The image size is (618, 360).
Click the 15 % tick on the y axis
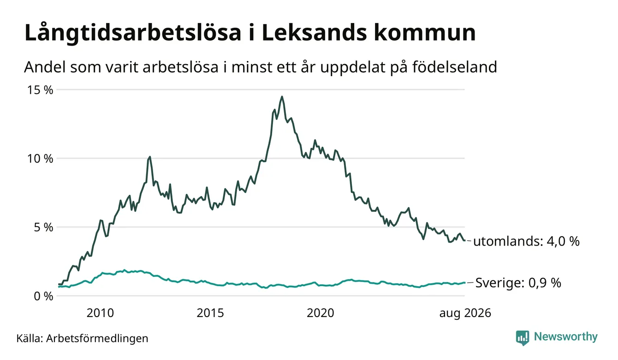[40, 90]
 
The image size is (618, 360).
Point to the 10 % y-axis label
[40, 159]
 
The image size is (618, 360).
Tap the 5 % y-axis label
[44, 228]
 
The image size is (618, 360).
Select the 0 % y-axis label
[44, 296]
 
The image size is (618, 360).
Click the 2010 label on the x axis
[100, 313]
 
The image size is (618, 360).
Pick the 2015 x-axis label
[210, 313]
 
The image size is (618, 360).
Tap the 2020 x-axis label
[321, 313]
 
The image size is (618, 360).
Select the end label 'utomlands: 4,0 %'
[526, 241]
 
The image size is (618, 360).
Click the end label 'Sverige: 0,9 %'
[518, 283]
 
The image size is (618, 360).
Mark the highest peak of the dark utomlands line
[282, 96]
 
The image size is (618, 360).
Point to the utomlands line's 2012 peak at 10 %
[150, 157]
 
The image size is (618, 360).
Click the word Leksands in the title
[315, 33]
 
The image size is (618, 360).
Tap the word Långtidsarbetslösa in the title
[133, 33]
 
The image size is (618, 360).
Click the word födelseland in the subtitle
[455, 67]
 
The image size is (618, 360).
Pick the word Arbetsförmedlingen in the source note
[97, 338]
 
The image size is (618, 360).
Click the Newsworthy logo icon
[523, 338]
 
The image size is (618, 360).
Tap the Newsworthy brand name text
[566, 337]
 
